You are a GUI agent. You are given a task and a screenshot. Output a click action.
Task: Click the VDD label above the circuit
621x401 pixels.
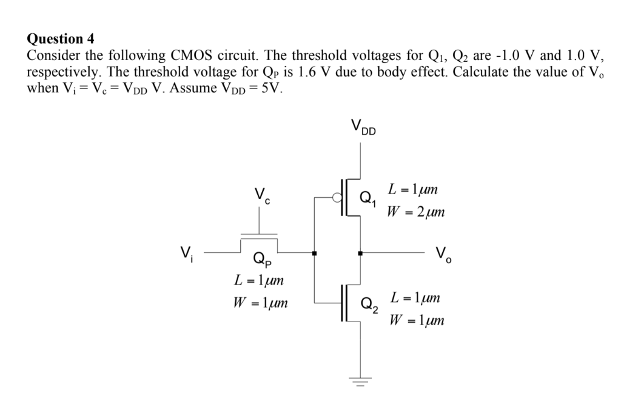pos(363,127)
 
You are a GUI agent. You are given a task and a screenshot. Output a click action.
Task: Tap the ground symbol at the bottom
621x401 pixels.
pos(362,381)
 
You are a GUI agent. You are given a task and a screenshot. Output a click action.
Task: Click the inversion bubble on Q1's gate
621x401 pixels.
pos(337,197)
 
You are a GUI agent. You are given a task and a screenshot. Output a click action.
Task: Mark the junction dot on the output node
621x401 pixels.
pos(361,252)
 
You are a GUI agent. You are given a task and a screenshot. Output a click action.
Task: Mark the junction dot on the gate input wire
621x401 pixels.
pos(314,252)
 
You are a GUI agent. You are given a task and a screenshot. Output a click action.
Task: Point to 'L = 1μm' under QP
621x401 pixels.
pos(258,281)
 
